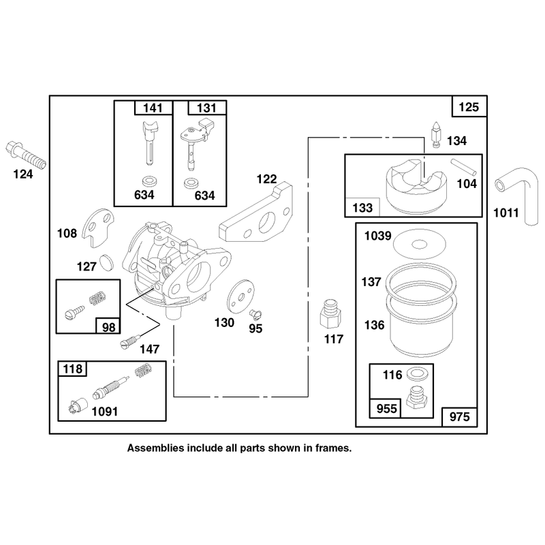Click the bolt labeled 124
[26, 155]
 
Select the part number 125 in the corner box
[469, 107]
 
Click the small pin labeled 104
[464, 167]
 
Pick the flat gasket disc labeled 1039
[419, 244]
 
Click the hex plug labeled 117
[330, 314]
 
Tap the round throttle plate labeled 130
[240, 296]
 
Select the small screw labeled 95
[255, 314]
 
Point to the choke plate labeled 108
[98, 228]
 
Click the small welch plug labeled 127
[106, 263]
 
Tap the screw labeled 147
[130, 341]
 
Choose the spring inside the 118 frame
[143, 371]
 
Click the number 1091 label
[105, 411]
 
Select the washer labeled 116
[417, 374]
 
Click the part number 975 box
[459, 417]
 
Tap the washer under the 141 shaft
[149, 181]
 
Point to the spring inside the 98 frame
[97, 298]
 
